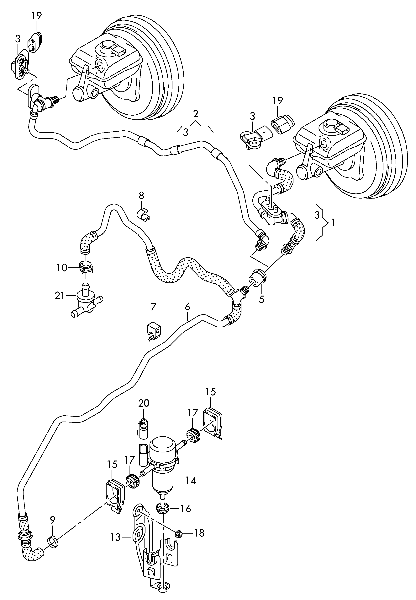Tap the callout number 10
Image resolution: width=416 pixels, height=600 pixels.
pyautogui.click(x=62, y=268)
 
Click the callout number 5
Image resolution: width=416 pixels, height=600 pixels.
pyautogui.click(x=262, y=299)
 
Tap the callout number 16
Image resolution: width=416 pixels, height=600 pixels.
pyautogui.click(x=186, y=509)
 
